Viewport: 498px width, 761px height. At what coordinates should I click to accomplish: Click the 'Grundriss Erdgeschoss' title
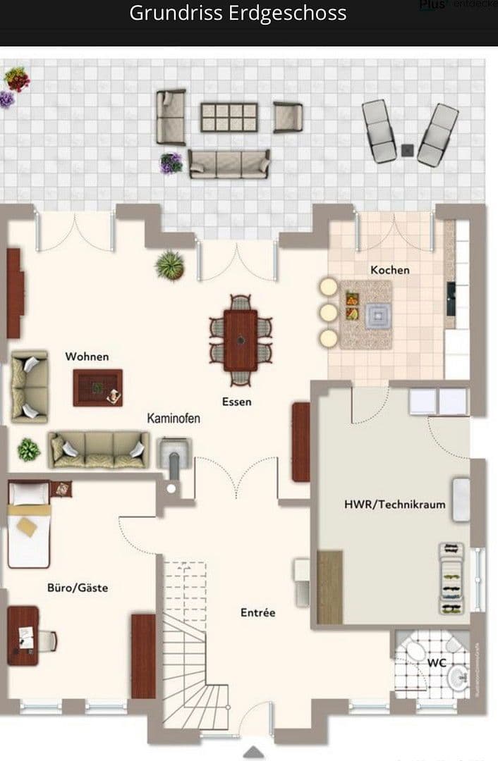238,13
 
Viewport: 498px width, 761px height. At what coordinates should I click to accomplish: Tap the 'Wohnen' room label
87,357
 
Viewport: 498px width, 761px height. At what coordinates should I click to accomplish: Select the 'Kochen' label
390,270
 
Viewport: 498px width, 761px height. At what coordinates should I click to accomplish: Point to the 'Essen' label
236,402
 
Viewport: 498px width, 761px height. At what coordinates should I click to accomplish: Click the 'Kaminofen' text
174,419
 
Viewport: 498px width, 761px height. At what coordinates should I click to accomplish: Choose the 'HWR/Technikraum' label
394,505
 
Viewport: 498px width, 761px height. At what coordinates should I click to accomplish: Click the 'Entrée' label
258,613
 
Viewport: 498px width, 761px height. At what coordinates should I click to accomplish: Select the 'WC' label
437,664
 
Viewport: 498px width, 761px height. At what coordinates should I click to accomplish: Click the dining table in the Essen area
241,340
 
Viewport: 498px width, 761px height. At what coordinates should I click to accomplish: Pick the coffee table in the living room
98,388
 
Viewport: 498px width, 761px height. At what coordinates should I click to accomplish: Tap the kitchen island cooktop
377,316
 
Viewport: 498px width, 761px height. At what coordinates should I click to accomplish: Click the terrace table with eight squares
229,117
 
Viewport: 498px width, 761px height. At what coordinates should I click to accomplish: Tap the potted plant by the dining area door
170,265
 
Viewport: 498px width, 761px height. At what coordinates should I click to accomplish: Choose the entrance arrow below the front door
254,752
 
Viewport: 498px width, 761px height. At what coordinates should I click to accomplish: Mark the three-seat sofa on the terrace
229,163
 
